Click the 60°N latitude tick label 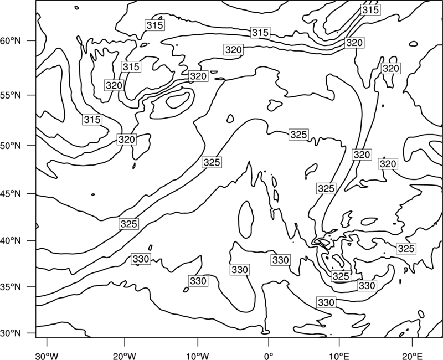click(x=11, y=41)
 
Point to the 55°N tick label click(x=11, y=95)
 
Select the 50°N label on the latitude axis click(x=11, y=146)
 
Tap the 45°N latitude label click(x=11, y=193)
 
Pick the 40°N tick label click(x=11, y=241)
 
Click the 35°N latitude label click(x=11, y=287)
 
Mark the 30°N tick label click(x=11, y=333)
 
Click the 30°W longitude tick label click(x=47, y=356)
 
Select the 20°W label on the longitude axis click(x=124, y=356)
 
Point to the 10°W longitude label click(x=197, y=356)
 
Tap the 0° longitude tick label click(x=269, y=356)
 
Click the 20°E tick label click(x=412, y=356)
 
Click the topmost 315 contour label click(x=370, y=10)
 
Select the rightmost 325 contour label click(x=406, y=248)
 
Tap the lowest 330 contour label click(x=326, y=302)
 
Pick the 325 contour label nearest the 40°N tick click(x=129, y=224)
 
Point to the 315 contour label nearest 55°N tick click(x=92, y=120)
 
